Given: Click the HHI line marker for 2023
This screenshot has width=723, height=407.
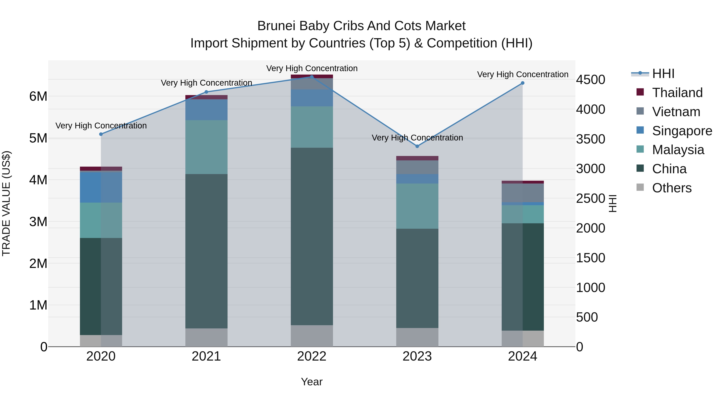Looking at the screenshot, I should click(417, 146).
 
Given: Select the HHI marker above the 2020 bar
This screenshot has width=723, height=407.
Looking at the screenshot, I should click(101, 134).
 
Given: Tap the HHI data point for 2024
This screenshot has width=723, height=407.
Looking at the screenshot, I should click(523, 83).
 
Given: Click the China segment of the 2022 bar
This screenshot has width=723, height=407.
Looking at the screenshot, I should click(312, 236).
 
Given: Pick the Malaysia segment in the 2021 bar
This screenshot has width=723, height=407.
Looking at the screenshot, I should click(206, 147).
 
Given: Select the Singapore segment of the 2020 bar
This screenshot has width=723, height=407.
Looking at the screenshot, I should click(101, 187).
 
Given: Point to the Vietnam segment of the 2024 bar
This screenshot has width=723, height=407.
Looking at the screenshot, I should click(523, 193).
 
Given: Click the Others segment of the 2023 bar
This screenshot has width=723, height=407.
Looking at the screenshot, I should click(417, 337).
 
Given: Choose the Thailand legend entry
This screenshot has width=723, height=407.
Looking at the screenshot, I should click(677, 93).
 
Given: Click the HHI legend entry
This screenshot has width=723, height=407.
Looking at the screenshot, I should click(663, 74).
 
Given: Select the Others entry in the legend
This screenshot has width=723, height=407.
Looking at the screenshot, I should click(672, 188).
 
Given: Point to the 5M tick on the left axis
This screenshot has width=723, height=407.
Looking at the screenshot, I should click(38, 138).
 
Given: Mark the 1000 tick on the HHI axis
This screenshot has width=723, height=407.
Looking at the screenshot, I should click(590, 288).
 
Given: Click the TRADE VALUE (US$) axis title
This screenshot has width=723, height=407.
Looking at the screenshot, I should click(6, 203).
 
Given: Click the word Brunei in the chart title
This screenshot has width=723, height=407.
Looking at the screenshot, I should click(277, 26).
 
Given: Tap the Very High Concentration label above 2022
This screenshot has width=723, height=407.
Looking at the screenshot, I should click(312, 68).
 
